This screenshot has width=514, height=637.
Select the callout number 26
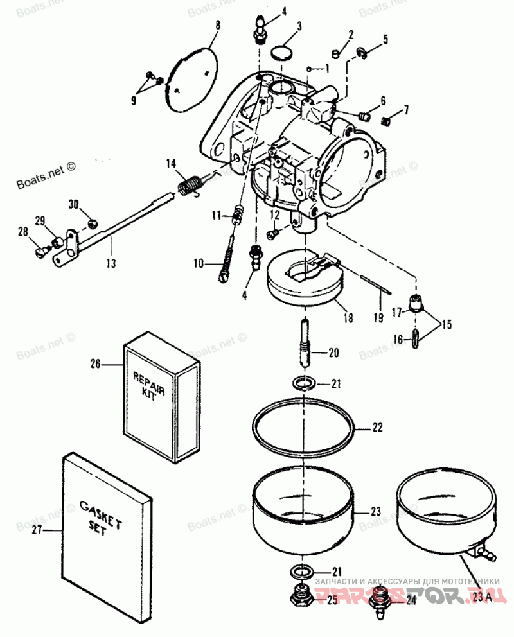[95, 363]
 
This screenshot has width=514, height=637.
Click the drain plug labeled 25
[301, 597]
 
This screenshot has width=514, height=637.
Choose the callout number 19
[377, 318]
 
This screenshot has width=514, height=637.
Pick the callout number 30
[74, 204]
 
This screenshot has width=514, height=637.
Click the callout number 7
[405, 112]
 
